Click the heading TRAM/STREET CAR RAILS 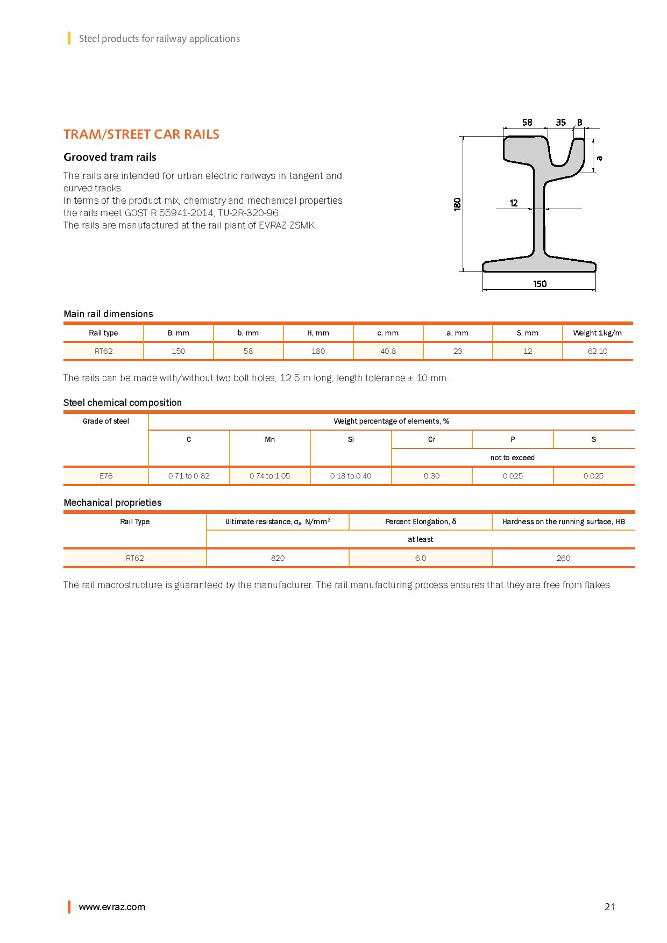[x=141, y=134]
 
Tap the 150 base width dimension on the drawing [x=540, y=284]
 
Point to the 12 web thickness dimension [x=514, y=203]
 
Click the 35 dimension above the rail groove [x=560, y=123]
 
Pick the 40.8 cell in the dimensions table [x=388, y=351]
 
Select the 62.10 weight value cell [x=597, y=351]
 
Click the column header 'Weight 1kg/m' [x=597, y=333]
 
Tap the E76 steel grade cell [x=106, y=476]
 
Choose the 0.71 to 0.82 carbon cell [x=189, y=476]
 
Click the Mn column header [x=270, y=439]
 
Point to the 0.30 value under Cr [x=431, y=476]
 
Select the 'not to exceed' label [x=512, y=458]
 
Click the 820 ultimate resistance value [x=278, y=558]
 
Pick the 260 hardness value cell [x=563, y=558]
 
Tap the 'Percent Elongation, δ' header [x=421, y=521]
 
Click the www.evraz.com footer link [x=112, y=907]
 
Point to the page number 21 [x=609, y=907]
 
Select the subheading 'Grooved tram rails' [x=110, y=157]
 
